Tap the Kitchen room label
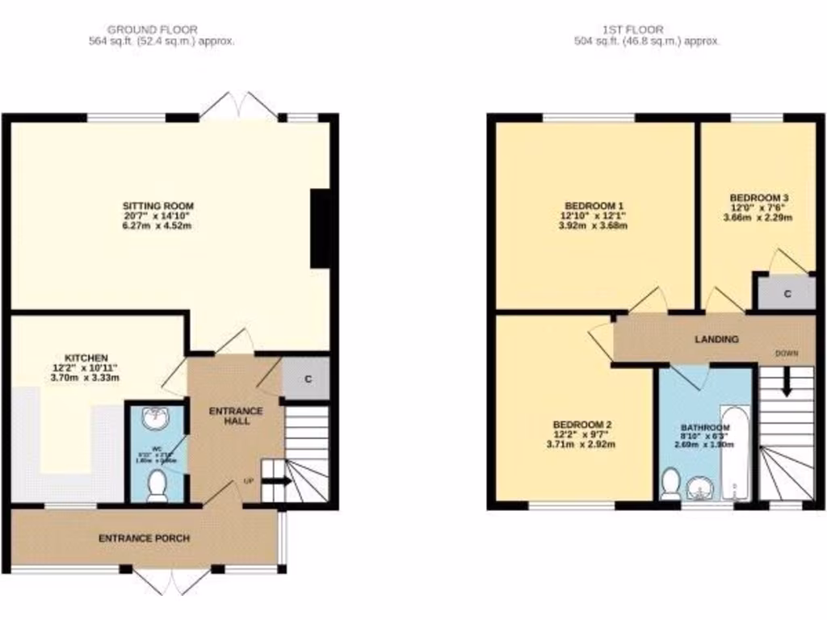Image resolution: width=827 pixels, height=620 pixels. coord(86,358)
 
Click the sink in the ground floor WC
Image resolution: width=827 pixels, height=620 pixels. coord(155,418)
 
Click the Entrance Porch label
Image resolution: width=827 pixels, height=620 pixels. coord(144,538)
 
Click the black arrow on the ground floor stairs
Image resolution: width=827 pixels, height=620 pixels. coord(276,482)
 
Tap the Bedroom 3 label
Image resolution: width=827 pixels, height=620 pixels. coord(759,198)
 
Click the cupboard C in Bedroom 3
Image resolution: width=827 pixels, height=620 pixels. coord(787,295)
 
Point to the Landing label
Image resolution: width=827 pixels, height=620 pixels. coord(717,339)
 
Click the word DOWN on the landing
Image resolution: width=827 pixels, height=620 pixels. coord(787,354)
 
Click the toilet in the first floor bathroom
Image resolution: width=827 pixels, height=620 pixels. coord(669,484)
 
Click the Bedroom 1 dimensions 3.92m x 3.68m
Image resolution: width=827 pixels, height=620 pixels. coord(593,226)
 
